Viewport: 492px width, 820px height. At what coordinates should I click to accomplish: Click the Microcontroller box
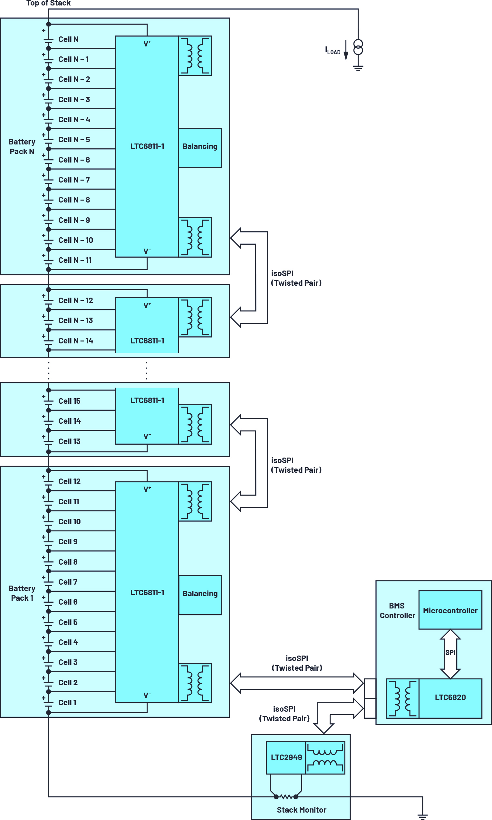click(x=450, y=610)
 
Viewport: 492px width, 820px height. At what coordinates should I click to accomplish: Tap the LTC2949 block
click(x=286, y=757)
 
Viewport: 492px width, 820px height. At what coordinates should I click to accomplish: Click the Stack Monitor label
click(x=301, y=810)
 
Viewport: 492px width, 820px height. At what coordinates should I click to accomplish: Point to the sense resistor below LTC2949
click(x=286, y=796)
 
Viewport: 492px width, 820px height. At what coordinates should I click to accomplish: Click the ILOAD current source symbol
click(x=358, y=47)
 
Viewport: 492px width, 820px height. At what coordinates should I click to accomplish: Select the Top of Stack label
click(x=48, y=3)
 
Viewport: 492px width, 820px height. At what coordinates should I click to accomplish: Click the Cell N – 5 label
click(x=74, y=140)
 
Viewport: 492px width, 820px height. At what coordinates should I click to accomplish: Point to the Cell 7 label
click(x=68, y=582)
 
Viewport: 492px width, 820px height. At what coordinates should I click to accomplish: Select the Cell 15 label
click(x=69, y=401)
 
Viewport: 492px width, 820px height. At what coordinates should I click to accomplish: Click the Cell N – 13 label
click(x=76, y=321)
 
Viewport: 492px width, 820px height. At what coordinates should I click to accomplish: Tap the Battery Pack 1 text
click(x=22, y=593)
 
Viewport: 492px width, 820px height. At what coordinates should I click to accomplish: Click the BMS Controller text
click(x=397, y=610)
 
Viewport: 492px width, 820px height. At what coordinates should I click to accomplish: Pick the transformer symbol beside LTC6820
click(x=402, y=698)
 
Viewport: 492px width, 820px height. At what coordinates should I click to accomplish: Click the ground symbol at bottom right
click(x=422, y=816)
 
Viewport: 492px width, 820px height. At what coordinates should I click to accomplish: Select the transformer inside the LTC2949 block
click(x=325, y=758)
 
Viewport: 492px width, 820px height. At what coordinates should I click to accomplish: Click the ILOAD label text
click(x=333, y=51)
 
